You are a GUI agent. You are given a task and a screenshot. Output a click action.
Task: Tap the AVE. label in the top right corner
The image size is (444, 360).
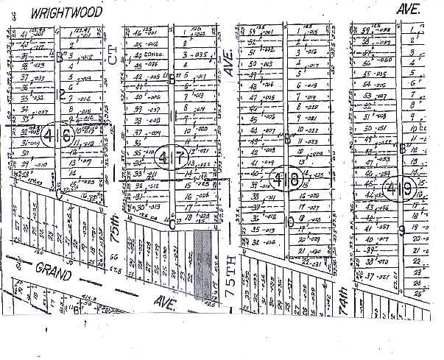[x=407, y=8]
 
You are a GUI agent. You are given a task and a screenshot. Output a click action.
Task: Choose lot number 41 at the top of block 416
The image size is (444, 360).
[x=24, y=33]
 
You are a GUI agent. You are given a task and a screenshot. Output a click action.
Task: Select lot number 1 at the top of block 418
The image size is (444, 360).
[x=297, y=32]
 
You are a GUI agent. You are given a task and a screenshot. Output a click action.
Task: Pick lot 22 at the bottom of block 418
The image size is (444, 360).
[x=303, y=261]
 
